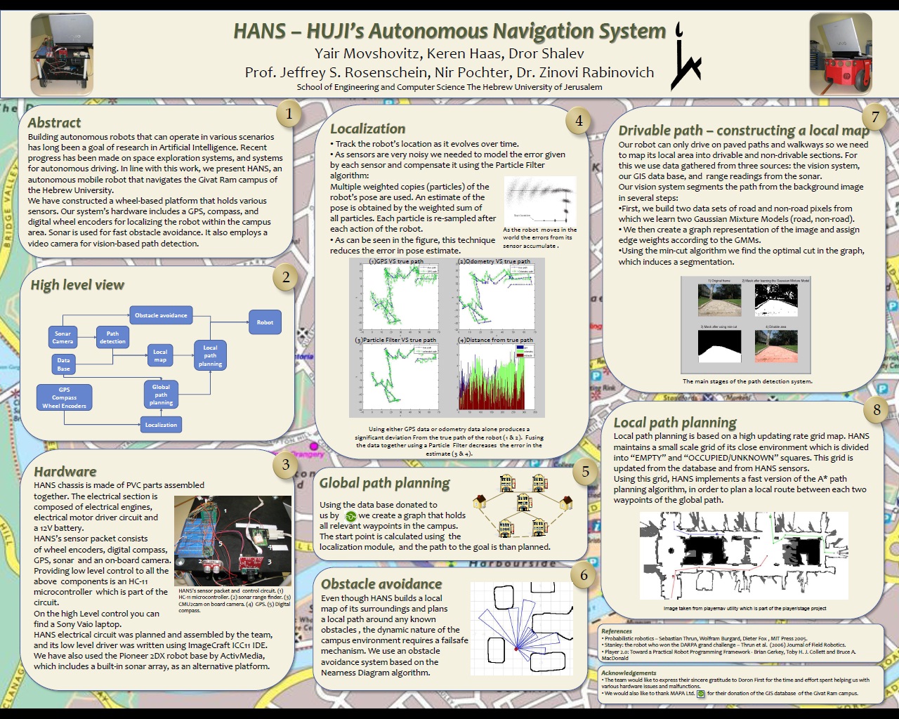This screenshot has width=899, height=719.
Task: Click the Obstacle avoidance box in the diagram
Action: click(x=161, y=315)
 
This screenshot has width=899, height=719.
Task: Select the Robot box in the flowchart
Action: click(x=265, y=322)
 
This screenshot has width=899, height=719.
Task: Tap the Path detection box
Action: click(x=112, y=338)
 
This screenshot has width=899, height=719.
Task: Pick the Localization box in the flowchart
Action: click(x=161, y=425)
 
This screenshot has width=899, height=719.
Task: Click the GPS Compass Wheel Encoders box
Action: click(x=64, y=398)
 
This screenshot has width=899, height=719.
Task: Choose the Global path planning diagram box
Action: click(x=161, y=395)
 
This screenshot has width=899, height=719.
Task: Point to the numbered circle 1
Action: click(x=289, y=113)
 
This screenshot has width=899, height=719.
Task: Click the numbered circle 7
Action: click(x=875, y=117)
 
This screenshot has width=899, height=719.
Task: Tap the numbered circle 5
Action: click(x=585, y=472)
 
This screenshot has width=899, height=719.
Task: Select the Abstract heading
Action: click(x=54, y=123)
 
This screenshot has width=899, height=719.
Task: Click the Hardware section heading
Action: click(x=65, y=472)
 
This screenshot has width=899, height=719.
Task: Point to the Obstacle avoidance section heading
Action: click(x=381, y=584)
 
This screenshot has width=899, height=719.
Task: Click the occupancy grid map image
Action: click(x=743, y=556)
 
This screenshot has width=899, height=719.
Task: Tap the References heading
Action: click(x=617, y=631)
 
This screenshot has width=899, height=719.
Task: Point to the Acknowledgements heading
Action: click(x=629, y=673)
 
